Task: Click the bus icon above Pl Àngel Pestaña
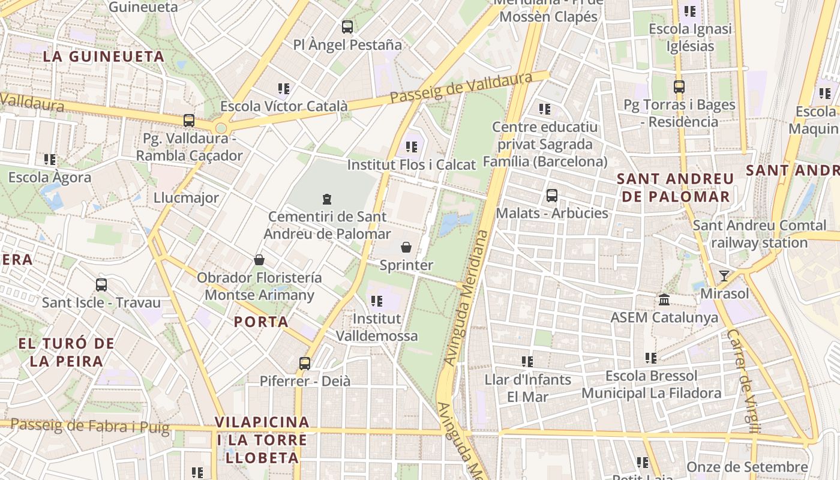click(347, 26)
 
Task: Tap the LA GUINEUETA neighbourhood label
click(104, 56)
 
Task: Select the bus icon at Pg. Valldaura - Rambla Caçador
click(189, 120)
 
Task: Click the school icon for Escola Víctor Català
click(284, 89)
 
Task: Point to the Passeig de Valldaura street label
click(461, 88)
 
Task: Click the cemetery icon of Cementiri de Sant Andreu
click(327, 199)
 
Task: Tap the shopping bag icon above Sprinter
click(406, 247)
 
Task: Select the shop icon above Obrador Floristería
click(259, 260)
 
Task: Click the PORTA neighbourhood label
click(261, 322)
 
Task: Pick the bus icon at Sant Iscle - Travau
click(101, 284)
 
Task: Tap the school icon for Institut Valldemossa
click(376, 301)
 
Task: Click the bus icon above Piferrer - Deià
click(305, 363)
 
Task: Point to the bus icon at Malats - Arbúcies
click(552, 196)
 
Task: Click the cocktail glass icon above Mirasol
click(724, 276)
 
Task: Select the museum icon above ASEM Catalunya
click(664, 299)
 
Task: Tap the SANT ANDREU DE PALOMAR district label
click(676, 187)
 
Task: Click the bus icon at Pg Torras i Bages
click(679, 87)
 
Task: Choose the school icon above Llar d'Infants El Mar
click(527, 361)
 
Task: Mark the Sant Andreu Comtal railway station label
click(759, 234)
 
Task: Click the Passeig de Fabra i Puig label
click(90, 426)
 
